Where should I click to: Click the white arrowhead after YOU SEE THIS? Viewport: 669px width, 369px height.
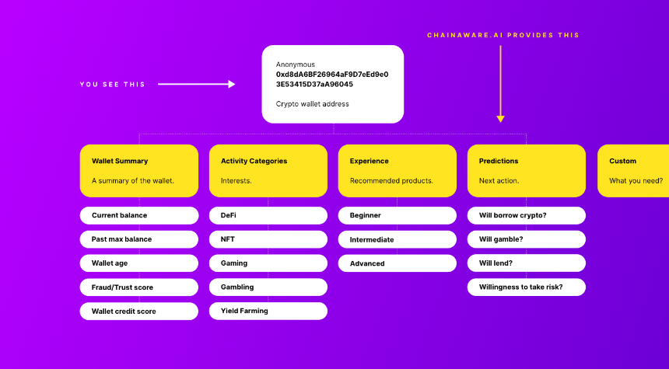point(232,85)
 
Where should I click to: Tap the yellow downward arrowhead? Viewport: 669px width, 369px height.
point(500,119)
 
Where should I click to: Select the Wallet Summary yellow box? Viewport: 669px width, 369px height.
point(139,171)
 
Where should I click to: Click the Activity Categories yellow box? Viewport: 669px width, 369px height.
point(268,171)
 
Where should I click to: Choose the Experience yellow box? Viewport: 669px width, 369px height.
point(398,171)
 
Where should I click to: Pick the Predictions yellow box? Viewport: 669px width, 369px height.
point(527,171)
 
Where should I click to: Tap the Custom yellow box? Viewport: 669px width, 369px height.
point(633,171)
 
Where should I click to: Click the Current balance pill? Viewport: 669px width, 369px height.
point(139,216)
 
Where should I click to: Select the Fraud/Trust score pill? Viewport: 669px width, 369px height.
point(139,287)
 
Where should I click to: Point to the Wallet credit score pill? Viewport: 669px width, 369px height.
point(139,311)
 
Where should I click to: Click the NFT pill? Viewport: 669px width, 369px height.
point(268,239)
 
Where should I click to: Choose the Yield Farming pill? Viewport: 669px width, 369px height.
point(268,311)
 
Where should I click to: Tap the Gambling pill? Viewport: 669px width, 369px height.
point(268,287)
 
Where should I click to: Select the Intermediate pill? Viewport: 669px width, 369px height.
point(398,239)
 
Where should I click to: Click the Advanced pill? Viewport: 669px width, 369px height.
point(398,263)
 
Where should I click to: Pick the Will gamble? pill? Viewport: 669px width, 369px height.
point(527,239)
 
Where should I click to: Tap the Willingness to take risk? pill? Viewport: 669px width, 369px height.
point(527,287)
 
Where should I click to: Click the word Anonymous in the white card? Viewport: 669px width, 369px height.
point(296,64)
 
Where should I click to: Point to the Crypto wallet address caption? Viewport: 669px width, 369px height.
point(312,104)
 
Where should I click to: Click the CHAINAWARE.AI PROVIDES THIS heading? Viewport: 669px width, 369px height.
point(503,35)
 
